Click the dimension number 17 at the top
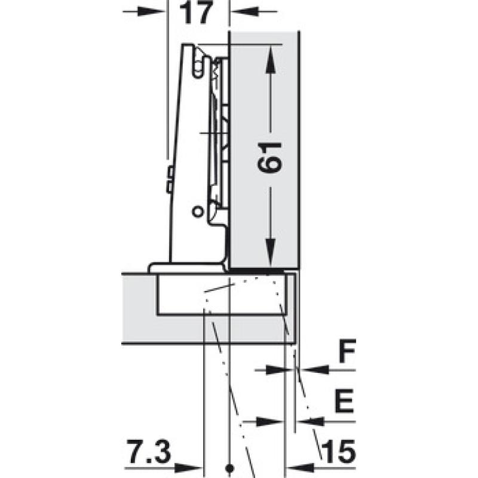pos(195,13)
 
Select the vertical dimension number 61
pos(269,157)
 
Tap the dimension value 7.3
pos(149,451)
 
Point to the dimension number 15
pos(338,451)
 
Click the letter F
pos(347,351)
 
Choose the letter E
pos(344,401)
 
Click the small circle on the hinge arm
pos(198,212)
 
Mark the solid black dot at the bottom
pos(230,468)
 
